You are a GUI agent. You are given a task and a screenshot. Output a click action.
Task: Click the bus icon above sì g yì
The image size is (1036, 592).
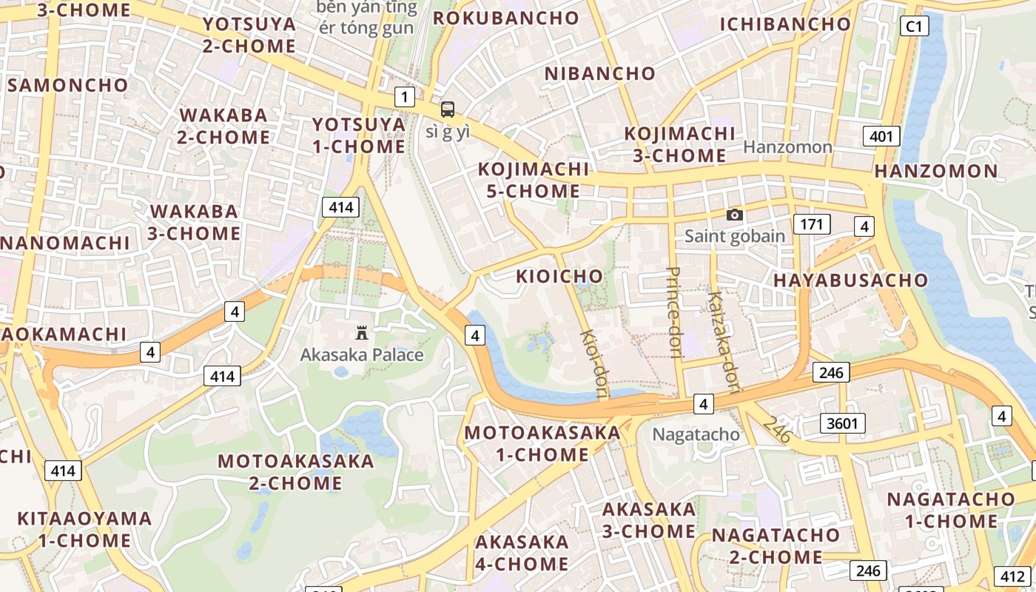(447, 110)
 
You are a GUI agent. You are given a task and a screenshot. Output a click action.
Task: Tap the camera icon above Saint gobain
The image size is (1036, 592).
(734, 215)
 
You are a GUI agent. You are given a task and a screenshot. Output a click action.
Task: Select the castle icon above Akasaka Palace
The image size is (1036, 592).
(362, 332)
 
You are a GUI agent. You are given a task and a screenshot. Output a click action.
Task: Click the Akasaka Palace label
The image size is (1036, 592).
(362, 354)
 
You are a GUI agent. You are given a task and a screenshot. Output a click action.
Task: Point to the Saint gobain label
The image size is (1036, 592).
(734, 236)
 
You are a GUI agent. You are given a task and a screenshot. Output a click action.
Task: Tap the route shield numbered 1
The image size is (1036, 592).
(404, 96)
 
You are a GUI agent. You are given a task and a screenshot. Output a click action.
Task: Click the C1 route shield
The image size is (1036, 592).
(915, 27)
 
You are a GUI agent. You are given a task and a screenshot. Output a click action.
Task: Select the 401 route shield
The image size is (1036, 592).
(881, 136)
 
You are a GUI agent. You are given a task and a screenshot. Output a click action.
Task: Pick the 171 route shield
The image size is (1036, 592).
(811, 224)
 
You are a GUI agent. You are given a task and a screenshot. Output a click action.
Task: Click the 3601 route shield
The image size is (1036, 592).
(843, 423)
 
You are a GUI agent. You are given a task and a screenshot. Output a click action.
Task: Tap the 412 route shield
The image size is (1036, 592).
(1011, 576)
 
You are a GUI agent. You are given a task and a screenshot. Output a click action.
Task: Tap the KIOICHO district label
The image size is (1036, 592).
(559, 277)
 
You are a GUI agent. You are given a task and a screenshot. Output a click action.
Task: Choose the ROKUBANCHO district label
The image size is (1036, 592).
(506, 18)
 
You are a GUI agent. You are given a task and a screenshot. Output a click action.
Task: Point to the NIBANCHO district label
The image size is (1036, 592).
(600, 74)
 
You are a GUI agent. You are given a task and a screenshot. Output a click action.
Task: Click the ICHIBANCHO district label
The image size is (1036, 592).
(785, 24)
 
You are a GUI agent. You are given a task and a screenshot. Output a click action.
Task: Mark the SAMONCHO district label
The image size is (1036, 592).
(68, 85)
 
